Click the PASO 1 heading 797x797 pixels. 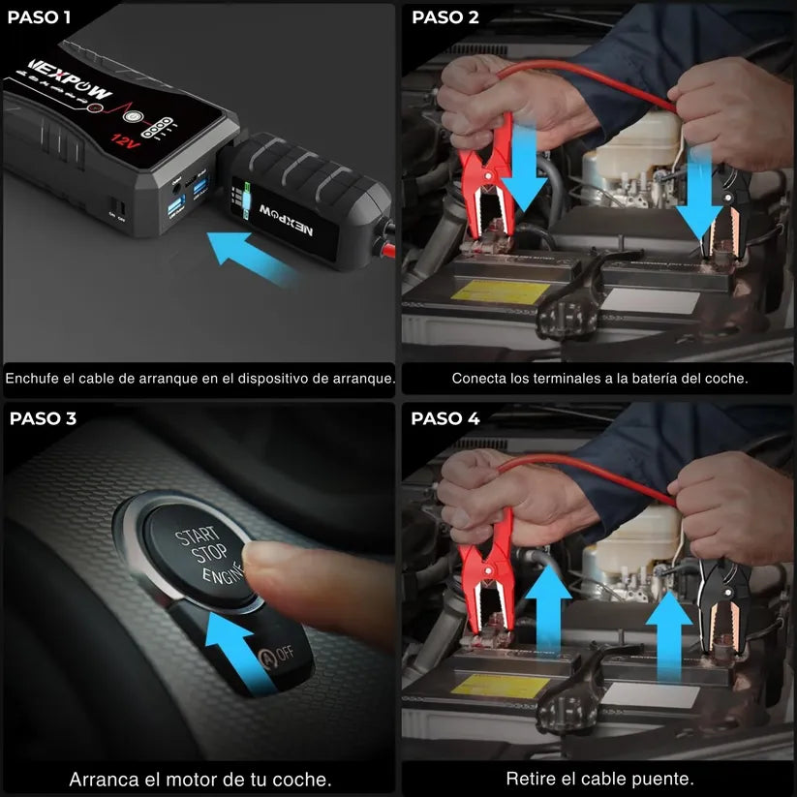39,16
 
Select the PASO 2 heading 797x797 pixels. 444,16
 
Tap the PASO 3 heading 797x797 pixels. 43,418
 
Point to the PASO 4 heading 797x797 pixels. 444,418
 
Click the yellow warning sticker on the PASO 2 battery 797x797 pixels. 489,290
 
